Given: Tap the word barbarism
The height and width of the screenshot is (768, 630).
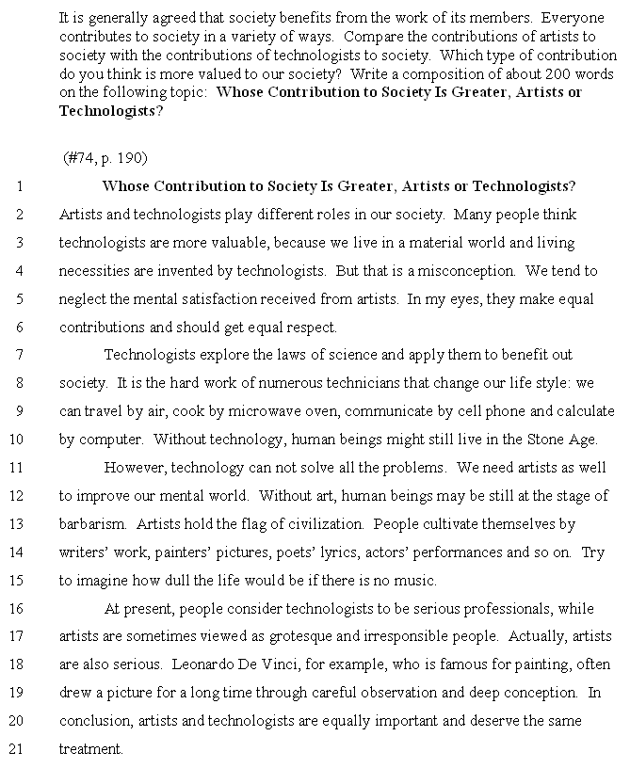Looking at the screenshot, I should click(x=89, y=524).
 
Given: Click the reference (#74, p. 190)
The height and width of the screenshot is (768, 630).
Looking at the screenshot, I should click(x=105, y=158).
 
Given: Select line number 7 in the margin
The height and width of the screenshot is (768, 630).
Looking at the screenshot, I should click(x=20, y=355).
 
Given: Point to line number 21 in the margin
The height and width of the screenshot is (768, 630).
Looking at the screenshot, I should click(x=16, y=750).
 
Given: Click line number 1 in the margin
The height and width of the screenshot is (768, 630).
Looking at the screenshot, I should click(x=20, y=186).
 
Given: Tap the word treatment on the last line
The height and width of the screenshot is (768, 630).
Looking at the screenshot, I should click(x=91, y=750).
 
